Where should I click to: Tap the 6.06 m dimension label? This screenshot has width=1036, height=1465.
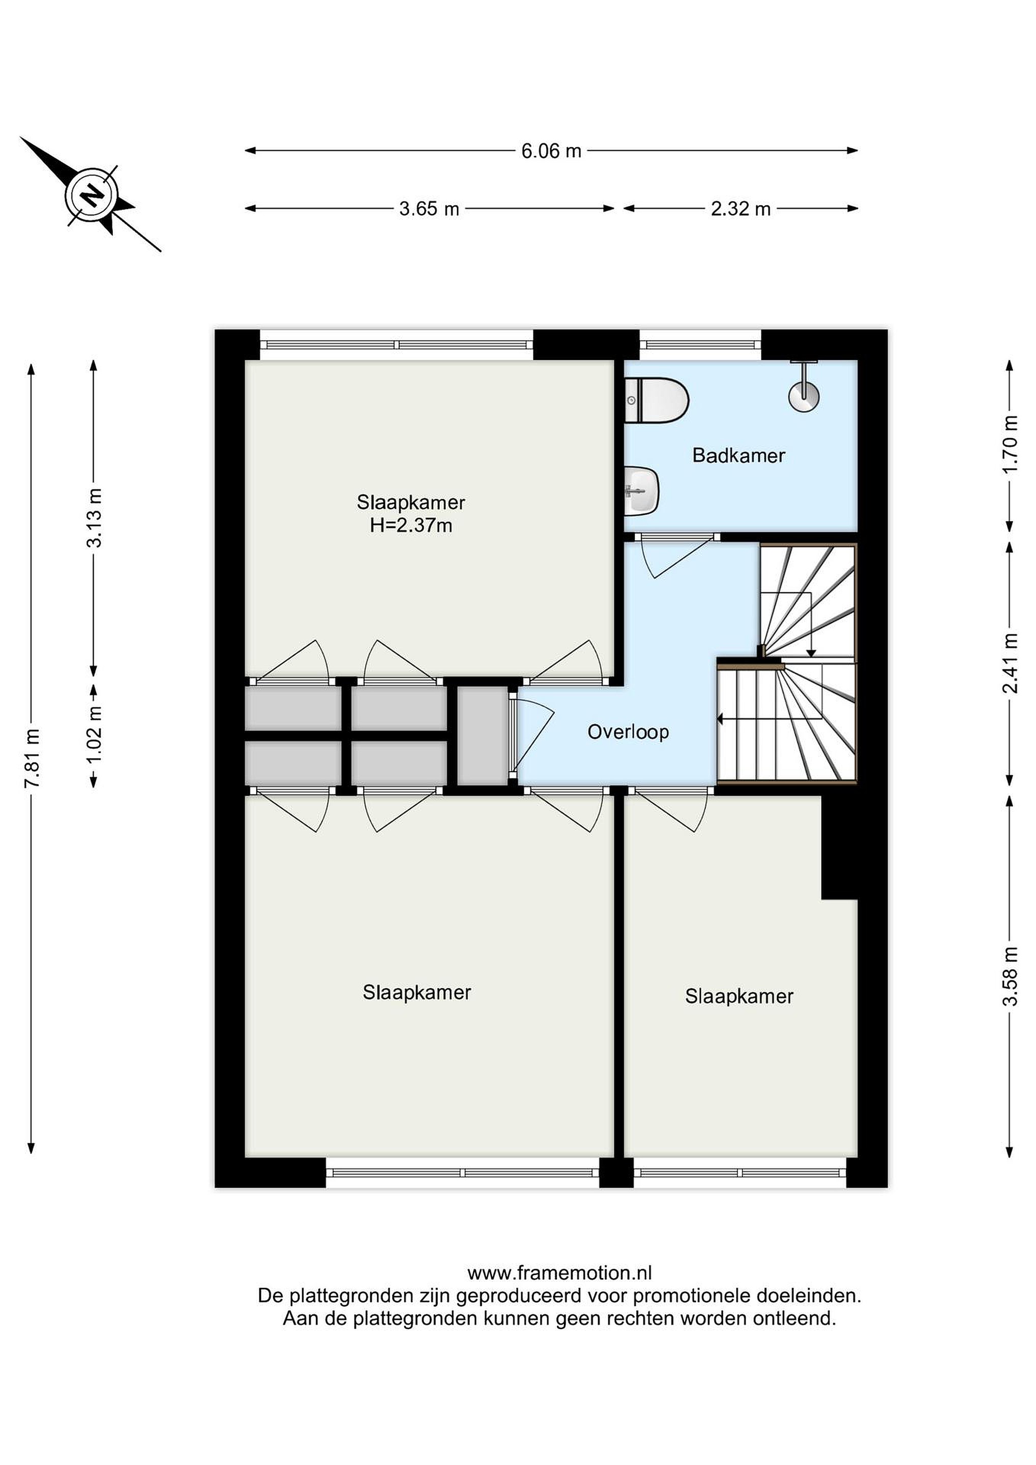coord(551,151)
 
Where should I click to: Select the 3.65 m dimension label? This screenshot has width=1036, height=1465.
coord(429,209)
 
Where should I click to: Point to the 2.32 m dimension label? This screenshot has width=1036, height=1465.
coord(741,209)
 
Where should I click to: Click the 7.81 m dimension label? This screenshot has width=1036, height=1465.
coord(32,758)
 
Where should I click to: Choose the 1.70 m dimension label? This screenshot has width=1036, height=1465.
coord(1010,444)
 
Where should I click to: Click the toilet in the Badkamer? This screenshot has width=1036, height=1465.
coord(656,400)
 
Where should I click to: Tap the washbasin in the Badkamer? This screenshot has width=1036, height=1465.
coord(641,491)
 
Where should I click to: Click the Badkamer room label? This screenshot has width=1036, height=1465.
coord(738,456)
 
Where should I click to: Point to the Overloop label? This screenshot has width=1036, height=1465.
coord(628,732)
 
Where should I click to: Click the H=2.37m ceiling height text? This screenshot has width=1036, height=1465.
coord(411,526)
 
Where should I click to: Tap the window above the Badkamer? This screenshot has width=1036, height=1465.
coord(700,344)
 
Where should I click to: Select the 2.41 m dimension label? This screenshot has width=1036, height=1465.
coord(1010,664)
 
